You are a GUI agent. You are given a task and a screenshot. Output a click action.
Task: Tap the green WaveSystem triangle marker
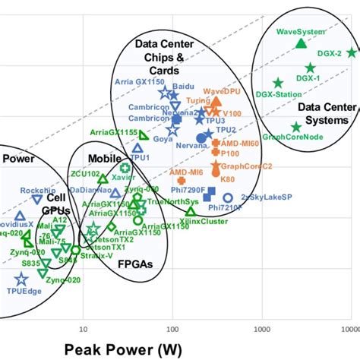point(301,43)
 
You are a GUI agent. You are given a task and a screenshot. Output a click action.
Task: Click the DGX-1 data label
point(308,77)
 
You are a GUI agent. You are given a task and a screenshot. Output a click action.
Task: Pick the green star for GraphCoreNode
point(296,127)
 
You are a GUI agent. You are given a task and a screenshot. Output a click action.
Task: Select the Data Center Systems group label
point(323,114)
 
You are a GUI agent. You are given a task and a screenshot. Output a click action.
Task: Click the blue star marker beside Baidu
point(164,93)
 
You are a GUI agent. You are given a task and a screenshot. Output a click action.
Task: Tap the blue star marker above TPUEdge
point(21,279)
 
